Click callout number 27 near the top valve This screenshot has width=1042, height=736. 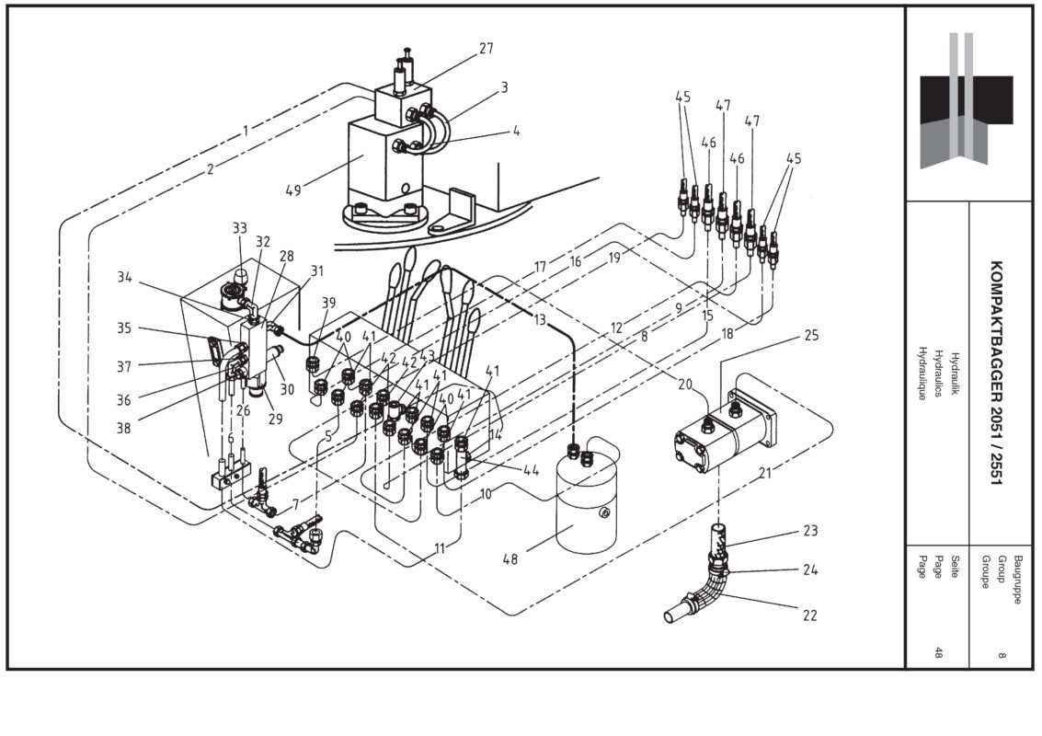487,49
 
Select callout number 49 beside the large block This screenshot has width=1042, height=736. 293,191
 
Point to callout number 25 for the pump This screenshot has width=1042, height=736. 810,335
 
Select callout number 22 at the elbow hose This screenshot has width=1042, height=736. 808,615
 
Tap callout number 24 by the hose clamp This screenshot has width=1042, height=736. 809,569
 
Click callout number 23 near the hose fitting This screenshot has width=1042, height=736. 809,531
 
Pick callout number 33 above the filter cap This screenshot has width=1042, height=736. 240,227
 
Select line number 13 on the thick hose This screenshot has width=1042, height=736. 539,319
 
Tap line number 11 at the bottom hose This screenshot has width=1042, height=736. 440,548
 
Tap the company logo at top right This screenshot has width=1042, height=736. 966,100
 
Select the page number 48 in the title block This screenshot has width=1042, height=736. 938,653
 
